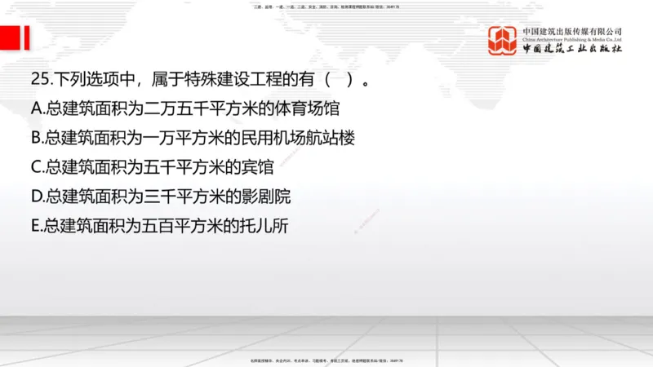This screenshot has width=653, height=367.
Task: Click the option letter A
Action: [37, 108]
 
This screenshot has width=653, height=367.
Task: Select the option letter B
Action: [37, 138]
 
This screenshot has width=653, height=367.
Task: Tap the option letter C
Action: [37, 167]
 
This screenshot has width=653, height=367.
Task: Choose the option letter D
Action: [38, 197]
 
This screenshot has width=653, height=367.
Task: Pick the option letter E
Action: [37, 226]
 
